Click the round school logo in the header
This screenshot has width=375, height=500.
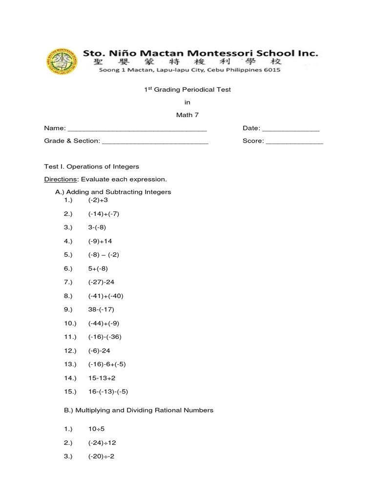[62, 61]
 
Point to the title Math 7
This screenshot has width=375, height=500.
[187, 115]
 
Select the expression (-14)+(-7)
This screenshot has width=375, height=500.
[104, 214]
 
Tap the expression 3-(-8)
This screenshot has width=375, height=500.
[97, 228]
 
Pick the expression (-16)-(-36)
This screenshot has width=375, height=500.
[104, 337]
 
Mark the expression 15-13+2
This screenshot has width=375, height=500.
[102, 378]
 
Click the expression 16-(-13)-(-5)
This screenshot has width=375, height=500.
[108, 392]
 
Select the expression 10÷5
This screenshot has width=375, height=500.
[96, 429]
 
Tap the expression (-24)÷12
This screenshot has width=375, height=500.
[102, 443]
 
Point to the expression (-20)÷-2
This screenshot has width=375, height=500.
[101, 457]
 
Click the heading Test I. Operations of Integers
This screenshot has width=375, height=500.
[91, 167]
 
